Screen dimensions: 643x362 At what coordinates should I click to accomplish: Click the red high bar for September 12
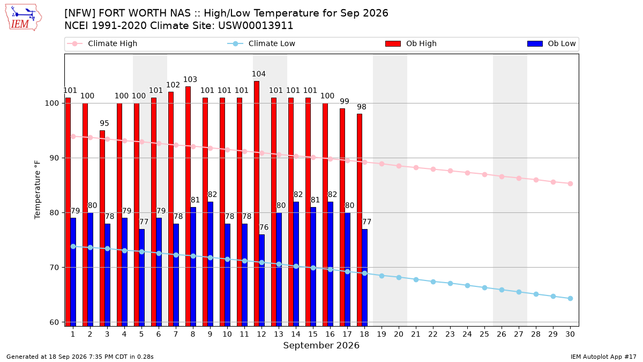coord(257,203)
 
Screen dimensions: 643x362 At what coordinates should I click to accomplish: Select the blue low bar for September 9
coord(211,264)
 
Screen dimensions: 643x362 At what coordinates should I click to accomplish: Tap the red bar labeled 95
coord(102,228)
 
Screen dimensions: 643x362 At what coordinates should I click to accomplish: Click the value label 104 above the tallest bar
coord(259,74)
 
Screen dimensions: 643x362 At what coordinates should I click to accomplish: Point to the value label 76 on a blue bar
coord(264,227)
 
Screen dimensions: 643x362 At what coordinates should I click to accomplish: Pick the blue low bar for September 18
coord(364,278)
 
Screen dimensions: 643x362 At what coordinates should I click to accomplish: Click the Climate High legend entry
coord(102,43)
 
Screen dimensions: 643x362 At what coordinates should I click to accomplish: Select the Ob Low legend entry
coord(551,43)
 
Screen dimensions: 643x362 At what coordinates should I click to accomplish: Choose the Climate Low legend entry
coord(261,43)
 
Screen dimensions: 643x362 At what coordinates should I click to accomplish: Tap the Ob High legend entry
coord(411,43)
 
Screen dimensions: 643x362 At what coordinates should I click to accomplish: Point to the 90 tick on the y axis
coord(51,158)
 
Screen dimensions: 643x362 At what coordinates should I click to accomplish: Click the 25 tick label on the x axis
coord(484,334)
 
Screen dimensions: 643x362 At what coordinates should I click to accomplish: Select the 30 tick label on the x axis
coord(570,334)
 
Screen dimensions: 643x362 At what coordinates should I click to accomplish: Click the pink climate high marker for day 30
coord(570,183)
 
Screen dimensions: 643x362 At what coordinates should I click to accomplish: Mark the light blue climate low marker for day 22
coord(433,282)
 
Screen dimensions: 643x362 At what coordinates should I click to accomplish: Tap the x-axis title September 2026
coord(321,345)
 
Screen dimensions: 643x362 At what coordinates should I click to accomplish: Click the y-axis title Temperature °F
coord(38,190)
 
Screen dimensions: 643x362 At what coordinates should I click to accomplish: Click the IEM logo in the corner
coord(24,18)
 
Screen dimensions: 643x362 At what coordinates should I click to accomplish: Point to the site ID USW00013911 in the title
coord(256,26)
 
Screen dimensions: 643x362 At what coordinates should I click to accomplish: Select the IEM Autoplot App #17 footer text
coord(603,357)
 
